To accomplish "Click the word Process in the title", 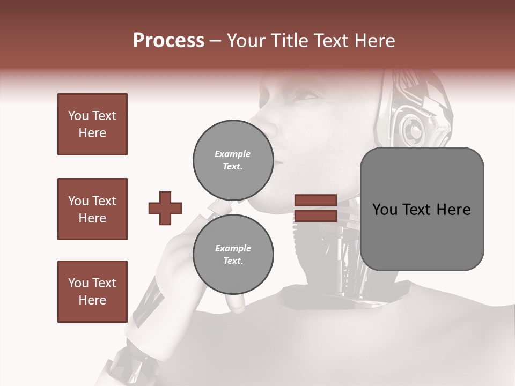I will tap(168, 41).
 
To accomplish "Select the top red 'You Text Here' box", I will tap(92, 124).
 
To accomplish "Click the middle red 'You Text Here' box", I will tap(92, 209).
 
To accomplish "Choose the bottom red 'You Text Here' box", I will tap(92, 292).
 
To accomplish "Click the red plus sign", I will tap(165, 208).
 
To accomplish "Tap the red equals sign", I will tap(315, 208).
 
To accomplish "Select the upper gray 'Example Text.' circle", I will tap(233, 160).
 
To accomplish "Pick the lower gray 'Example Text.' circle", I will tap(233, 254).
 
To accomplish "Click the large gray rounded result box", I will tap(422, 209).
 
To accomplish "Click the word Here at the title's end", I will tap(375, 41).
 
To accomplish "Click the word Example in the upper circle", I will tap(233, 154).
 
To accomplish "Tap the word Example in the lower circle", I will tap(233, 248).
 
